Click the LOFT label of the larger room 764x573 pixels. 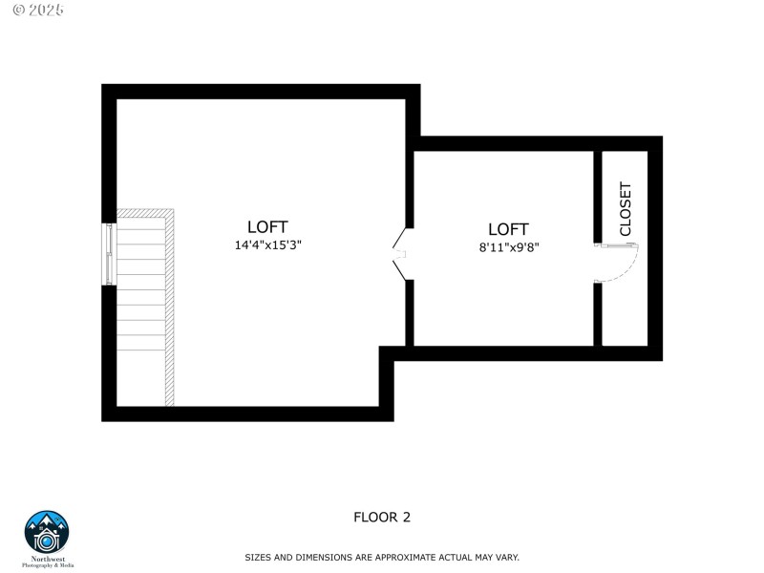[267, 227]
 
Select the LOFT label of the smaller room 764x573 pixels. [508, 229]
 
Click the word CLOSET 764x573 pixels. [626, 208]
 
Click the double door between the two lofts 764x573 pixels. [402, 254]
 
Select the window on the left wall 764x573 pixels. [109, 254]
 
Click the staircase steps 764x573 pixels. [139, 306]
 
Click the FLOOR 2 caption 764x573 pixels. [382, 518]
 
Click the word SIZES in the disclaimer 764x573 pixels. [258, 557]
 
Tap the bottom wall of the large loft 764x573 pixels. [248, 414]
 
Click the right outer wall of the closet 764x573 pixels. [655, 248]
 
